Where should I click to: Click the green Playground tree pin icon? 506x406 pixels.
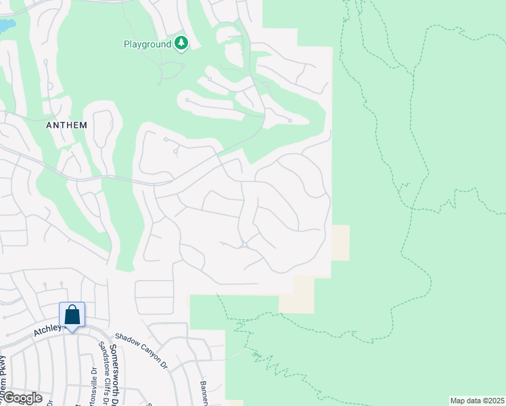[181, 43]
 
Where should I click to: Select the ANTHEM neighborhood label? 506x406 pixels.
[66, 125]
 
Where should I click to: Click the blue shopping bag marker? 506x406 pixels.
[72, 315]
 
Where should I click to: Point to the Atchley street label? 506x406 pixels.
[49, 330]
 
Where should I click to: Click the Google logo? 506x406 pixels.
[22, 398]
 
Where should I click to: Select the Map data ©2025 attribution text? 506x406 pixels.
[476, 401]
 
